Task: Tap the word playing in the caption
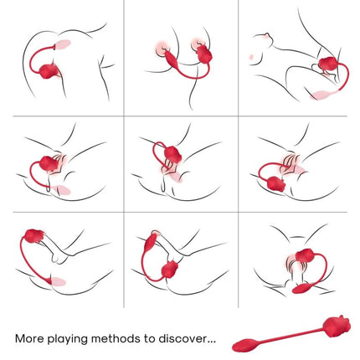(73, 339)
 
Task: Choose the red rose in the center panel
(172, 155)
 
